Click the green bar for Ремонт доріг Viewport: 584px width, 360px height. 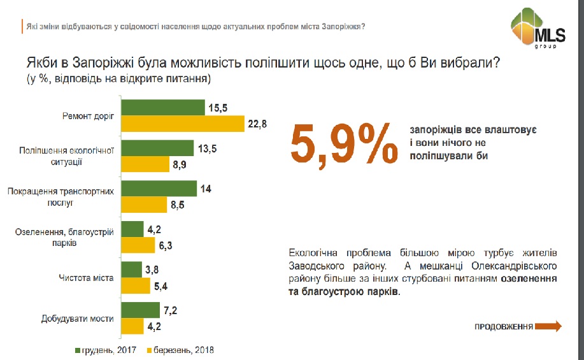[162, 108]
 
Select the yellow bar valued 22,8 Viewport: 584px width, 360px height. [183, 124]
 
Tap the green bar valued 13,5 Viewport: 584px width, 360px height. [157, 148]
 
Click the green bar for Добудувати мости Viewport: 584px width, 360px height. [140, 310]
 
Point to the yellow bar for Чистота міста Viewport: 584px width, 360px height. [135, 285]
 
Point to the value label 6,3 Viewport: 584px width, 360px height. [166, 245]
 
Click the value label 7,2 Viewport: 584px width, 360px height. [171, 310]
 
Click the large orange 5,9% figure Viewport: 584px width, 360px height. [344, 145]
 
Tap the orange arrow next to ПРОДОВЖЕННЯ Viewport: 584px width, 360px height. [548, 326]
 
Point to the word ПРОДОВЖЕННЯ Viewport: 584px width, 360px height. [503, 327]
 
